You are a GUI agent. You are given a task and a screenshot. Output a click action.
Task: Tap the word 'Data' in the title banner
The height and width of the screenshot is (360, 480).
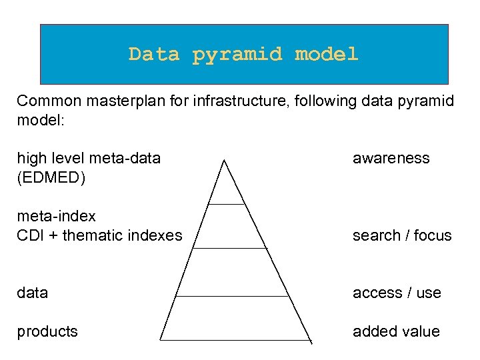point(154,54)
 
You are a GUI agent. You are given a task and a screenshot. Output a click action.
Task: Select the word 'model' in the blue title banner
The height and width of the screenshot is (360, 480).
point(327,54)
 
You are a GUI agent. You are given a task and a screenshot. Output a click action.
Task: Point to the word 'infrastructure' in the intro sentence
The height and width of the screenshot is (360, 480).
point(233,101)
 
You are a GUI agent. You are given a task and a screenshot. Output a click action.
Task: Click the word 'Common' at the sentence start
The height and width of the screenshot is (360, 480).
point(43,101)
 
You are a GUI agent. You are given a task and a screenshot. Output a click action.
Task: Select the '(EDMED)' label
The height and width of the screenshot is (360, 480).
point(51,178)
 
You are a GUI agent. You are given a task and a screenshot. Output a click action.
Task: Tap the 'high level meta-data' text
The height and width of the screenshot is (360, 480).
point(89,158)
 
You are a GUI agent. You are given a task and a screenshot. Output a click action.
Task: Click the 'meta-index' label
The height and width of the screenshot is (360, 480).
point(56,216)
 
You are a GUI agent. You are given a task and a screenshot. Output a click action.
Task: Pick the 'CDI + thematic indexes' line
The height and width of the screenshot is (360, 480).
point(99,235)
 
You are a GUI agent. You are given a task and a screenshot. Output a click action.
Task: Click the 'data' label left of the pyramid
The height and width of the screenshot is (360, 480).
point(32,293)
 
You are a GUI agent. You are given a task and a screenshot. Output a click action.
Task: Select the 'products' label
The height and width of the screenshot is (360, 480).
point(47,331)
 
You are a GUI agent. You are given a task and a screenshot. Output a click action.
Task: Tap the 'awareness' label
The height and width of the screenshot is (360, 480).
point(391,158)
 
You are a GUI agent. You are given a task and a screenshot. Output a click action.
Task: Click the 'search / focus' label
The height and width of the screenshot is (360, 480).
point(402,235)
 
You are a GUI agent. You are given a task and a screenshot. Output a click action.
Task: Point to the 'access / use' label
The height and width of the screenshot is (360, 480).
point(397,293)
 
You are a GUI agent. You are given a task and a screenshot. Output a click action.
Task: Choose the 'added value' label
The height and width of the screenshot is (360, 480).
point(396,331)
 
